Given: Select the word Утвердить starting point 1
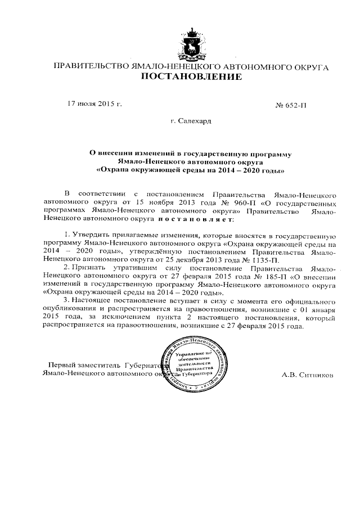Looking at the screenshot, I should point(89,235).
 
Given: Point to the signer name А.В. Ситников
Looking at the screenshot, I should point(307,373).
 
